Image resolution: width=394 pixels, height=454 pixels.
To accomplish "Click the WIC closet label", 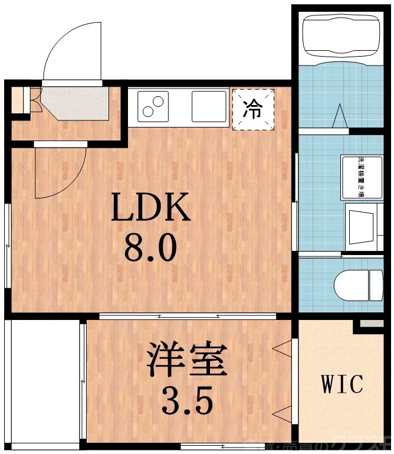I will coord(342,384).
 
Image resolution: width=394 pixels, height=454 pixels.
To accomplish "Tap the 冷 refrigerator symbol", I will coord(253,109).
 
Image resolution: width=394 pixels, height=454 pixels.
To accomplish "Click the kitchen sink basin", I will coord(209,107).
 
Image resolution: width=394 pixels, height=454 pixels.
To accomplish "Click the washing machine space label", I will coord(360,176).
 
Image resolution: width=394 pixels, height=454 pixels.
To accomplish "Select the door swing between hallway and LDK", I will coord(59,171).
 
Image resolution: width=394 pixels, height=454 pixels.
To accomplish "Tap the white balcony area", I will coord(41,381).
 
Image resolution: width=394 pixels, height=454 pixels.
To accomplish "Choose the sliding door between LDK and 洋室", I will coord(189,317).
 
